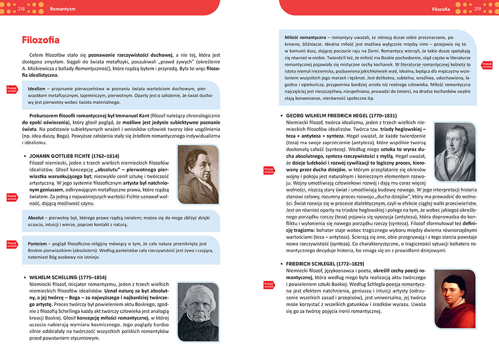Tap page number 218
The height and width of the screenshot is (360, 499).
pos(21,8)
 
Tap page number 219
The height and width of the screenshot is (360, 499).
pos(478,8)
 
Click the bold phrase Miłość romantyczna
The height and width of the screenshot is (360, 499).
pos(305,38)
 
